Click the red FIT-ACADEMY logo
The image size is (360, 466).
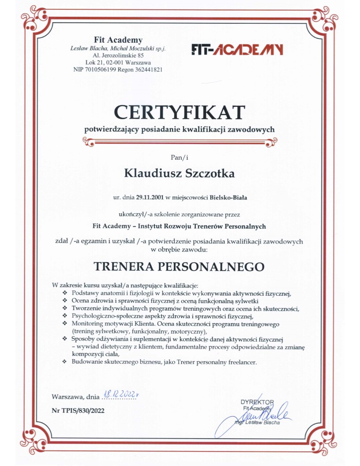pyautogui.click(x=237, y=49)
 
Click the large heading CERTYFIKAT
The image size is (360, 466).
pyautogui.click(x=179, y=112)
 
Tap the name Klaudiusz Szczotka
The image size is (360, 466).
pyautogui.click(x=179, y=173)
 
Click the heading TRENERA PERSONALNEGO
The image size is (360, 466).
pyautogui.click(x=180, y=267)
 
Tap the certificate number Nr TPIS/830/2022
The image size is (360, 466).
pyautogui.click(x=79, y=410)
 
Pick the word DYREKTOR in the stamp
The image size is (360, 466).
pyautogui.click(x=257, y=402)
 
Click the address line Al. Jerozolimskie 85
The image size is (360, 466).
pyautogui.click(x=118, y=56)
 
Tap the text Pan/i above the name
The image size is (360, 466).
pyautogui.click(x=179, y=156)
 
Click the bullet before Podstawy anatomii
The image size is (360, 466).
pyautogui.click(x=65, y=293)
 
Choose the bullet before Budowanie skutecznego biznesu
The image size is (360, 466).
pyautogui.click(x=65, y=362)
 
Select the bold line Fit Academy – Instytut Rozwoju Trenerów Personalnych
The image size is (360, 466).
pyautogui.click(x=179, y=226)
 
